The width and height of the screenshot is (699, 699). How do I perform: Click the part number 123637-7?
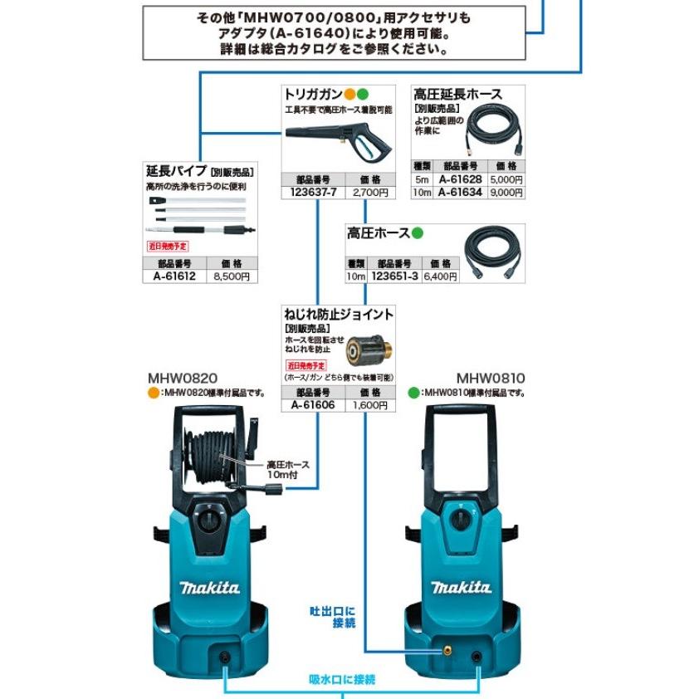coord(309,193)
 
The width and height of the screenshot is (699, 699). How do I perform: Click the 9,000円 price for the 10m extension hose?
coord(506,193)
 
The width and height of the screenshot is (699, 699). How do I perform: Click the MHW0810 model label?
coord(490,378)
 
